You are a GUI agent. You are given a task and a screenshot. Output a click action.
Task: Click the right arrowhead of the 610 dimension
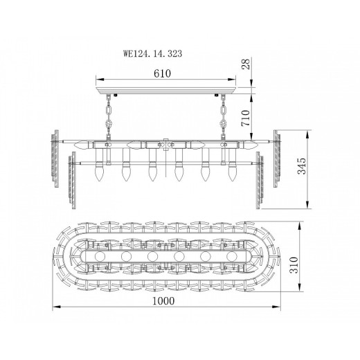click(x=244, y=78)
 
